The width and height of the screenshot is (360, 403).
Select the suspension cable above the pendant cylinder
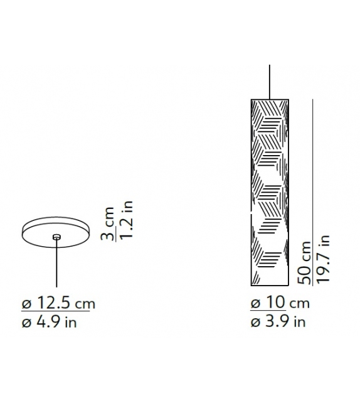270,81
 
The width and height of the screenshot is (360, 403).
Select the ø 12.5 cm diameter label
57,304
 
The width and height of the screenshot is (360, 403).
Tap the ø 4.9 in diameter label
50,323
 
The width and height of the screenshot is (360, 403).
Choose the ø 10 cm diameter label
280,303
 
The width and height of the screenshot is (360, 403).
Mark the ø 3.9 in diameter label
278,323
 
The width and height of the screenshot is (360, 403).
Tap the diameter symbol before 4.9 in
26,323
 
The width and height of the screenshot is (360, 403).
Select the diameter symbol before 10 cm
256,304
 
